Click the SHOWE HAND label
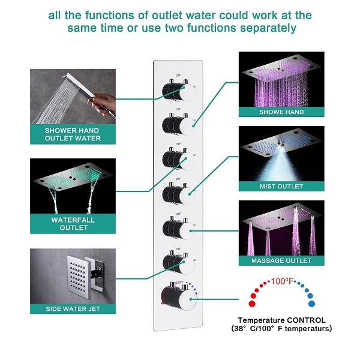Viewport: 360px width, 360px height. point(281,112)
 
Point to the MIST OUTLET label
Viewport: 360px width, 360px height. point(281,187)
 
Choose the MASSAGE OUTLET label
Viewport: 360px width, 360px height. point(281,261)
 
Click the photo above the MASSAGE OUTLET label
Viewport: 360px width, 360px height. point(281,227)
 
